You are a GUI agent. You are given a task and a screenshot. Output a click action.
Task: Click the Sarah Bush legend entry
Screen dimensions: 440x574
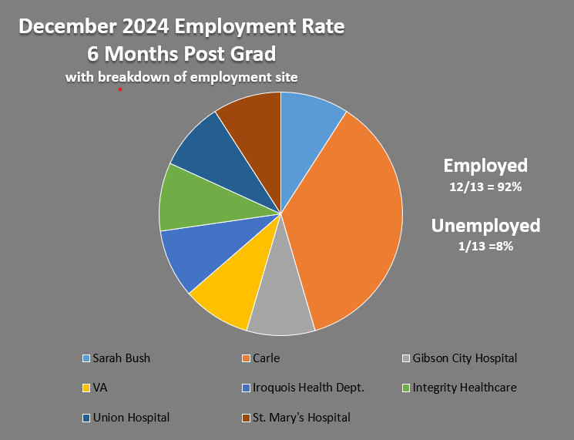pyautogui.click(x=121, y=358)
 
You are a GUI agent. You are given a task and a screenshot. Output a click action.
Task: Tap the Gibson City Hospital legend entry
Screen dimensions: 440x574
pyautogui.click(x=464, y=358)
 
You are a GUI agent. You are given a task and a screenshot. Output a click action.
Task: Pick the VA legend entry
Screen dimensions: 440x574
pyautogui.click(x=100, y=388)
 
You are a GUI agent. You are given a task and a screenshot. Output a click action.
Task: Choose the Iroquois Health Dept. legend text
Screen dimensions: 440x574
pyautogui.click(x=308, y=388)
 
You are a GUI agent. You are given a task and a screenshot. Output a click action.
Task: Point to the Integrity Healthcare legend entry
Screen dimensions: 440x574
pyautogui.click(x=464, y=388)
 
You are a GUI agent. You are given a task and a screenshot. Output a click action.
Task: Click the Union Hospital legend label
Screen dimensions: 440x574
pyautogui.click(x=131, y=418)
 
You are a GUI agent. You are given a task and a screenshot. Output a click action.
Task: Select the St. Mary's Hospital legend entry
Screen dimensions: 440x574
pyautogui.click(x=301, y=418)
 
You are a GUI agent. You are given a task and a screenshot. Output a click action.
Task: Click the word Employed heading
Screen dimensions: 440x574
pyautogui.click(x=485, y=166)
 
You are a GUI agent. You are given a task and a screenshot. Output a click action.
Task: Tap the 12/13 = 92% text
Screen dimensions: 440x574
pyautogui.click(x=485, y=187)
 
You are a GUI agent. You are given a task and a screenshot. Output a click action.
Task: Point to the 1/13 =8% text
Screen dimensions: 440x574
pyautogui.click(x=485, y=247)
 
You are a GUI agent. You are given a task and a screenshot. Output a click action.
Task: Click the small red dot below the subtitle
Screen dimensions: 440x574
pyautogui.click(x=120, y=89)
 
